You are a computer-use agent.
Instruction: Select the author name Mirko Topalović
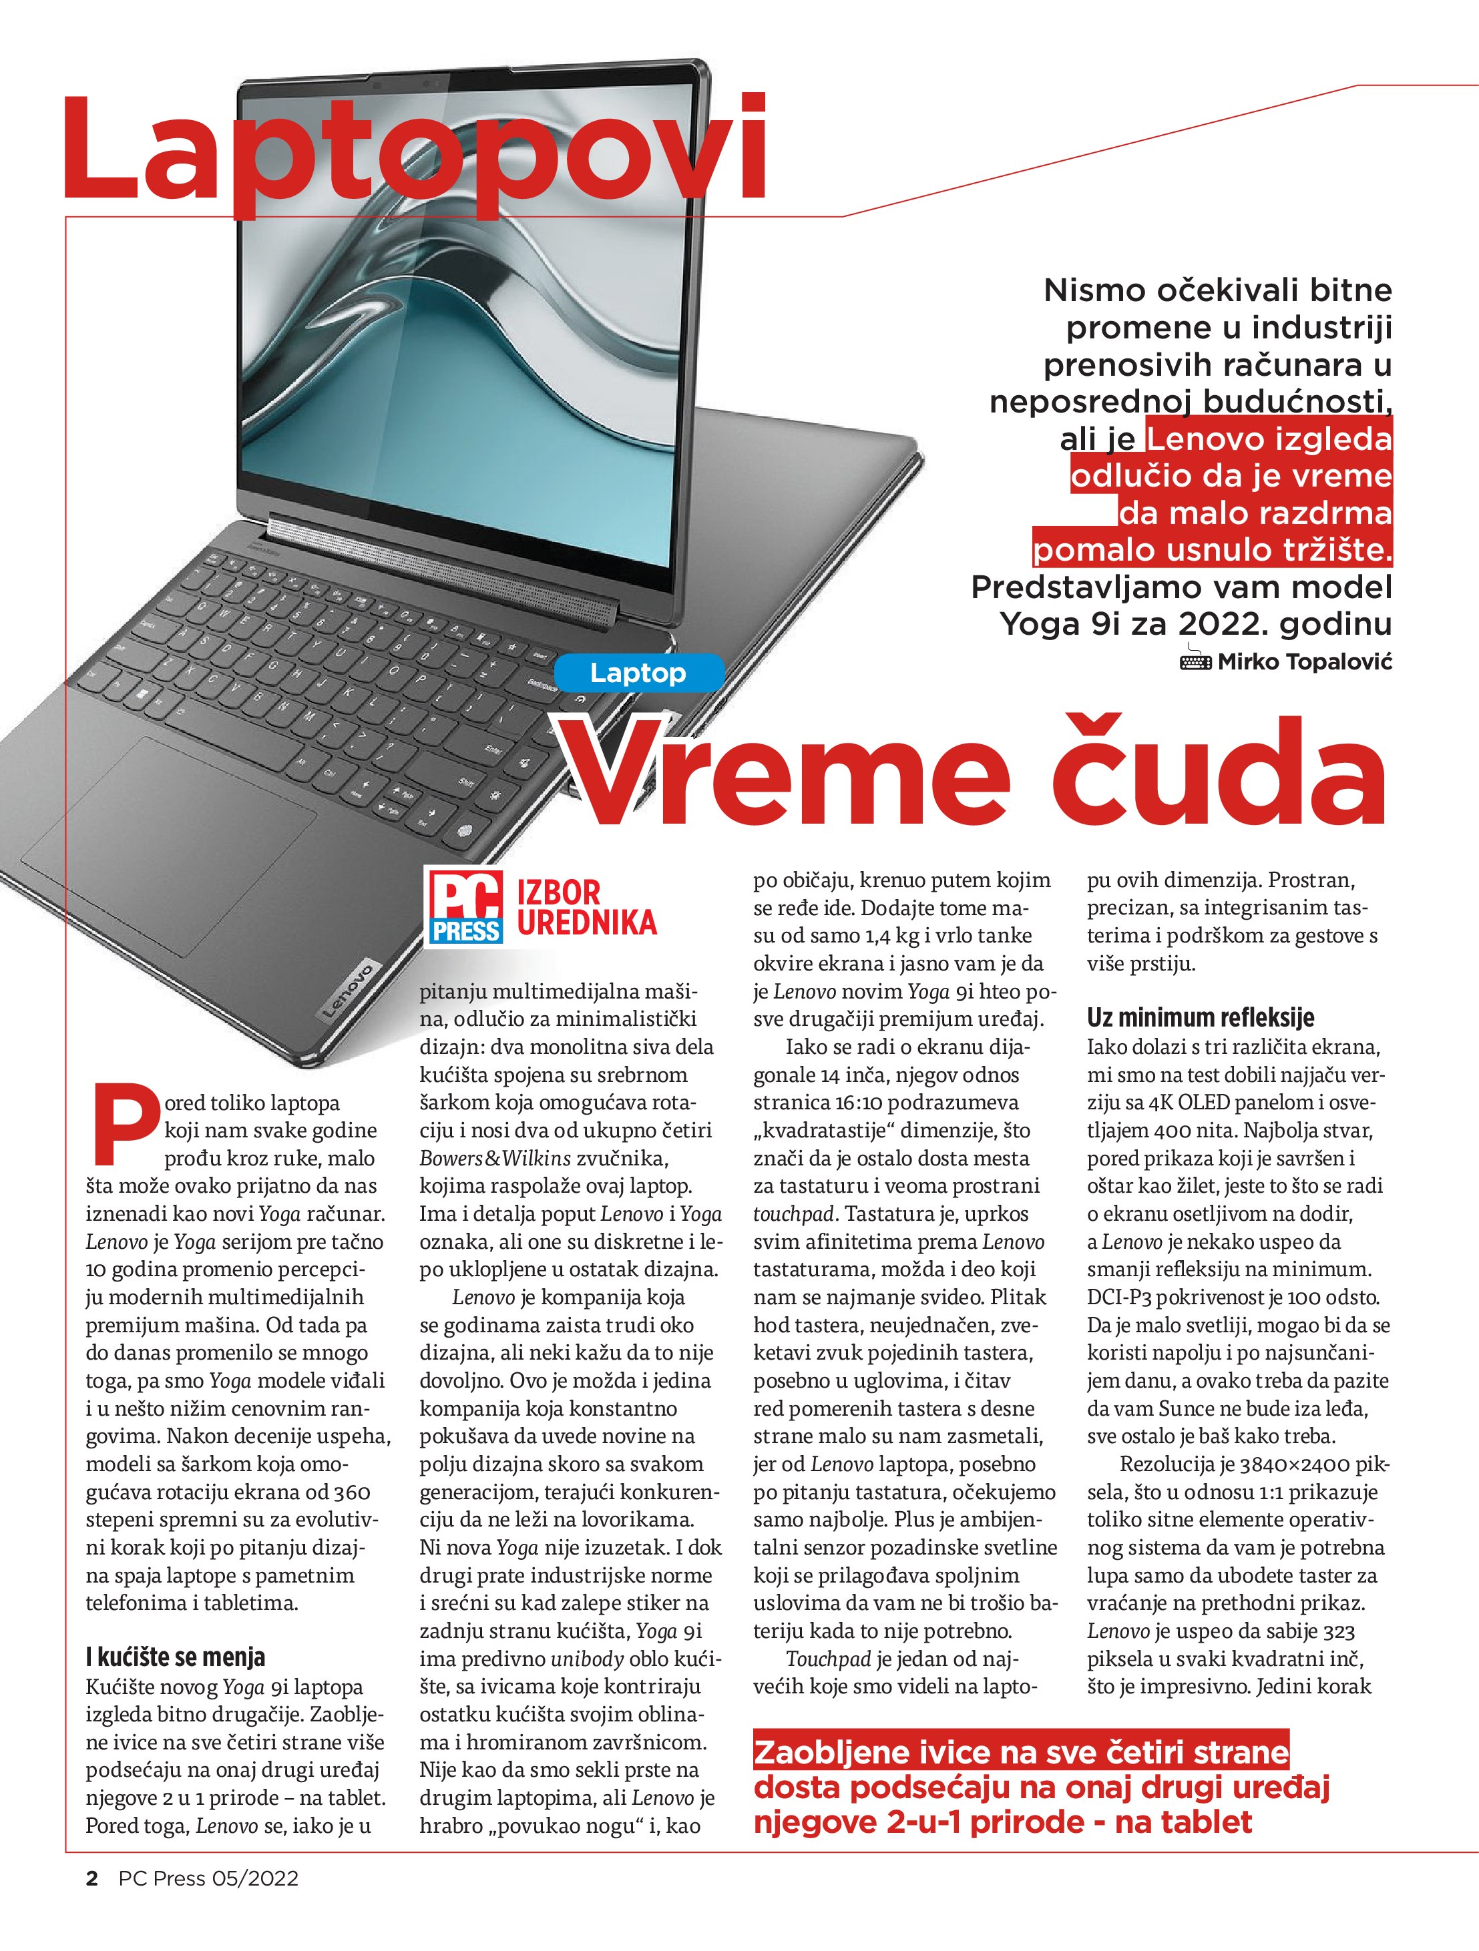[1304, 661]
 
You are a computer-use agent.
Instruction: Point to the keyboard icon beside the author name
[1196, 661]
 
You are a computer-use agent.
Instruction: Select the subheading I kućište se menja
[176, 1657]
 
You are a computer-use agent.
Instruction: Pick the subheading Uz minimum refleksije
[1200, 1018]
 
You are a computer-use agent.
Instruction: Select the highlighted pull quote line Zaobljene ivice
[1021, 1751]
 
